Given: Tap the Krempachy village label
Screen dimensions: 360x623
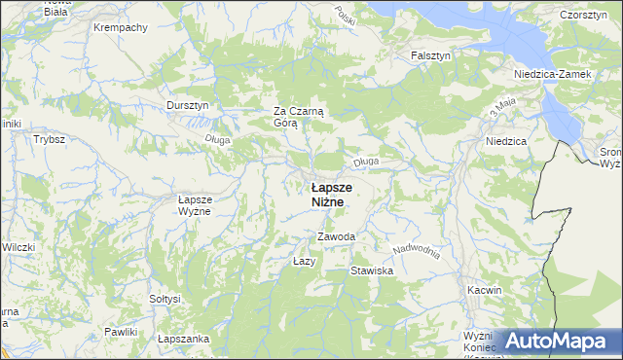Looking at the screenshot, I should pyautogui.click(x=120, y=27).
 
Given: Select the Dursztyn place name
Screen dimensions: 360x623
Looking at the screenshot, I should pyautogui.click(x=187, y=105).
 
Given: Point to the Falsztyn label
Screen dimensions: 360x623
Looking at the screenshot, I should pyautogui.click(x=430, y=56).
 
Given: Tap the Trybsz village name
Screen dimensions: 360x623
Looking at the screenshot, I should pyautogui.click(x=49, y=140).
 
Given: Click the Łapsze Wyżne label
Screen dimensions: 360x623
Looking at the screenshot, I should pyautogui.click(x=195, y=205).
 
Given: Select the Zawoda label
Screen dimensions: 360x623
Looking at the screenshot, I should pyautogui.click(x=336, y=237).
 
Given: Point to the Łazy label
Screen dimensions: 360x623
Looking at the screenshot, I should pyautogui.click(x=305, y=262).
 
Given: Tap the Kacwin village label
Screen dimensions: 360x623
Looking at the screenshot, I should pyautogui.click(x=484, y=290).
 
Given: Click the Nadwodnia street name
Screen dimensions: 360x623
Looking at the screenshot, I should pyautogui.click(x=419, y=250).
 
